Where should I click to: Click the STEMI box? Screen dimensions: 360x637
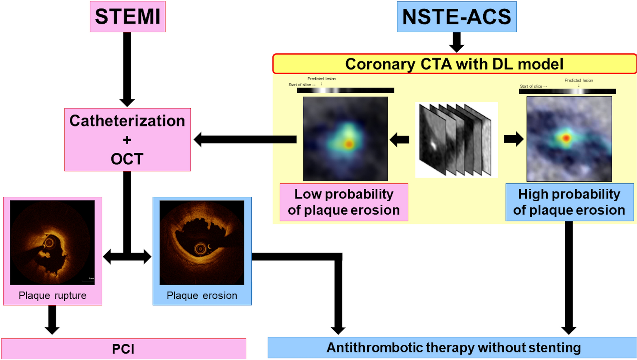click(127, 17)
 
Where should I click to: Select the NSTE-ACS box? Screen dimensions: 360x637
click(456, 17)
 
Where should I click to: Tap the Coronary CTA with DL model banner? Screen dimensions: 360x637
click(454, 64)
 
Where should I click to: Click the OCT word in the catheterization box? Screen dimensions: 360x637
click(127, 159)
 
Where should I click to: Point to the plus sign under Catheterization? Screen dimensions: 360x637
click(127, 140)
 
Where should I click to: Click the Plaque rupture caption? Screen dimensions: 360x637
click(52, 295)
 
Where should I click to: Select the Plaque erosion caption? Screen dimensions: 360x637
click(202, 295)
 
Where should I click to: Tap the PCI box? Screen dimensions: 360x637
click(123, 349)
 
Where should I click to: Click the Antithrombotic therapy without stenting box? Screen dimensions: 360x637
click(453, 347)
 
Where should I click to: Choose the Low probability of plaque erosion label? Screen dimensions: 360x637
click(344, 202)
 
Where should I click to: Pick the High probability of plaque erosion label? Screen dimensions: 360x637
click(569, 202)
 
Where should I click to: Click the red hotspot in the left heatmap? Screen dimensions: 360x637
click(349, 144)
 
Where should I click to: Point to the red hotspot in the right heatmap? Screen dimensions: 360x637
click(566, 137)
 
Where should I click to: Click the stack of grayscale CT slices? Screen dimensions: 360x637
click(456, 140)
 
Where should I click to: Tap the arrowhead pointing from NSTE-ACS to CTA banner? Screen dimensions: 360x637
click(456, 47)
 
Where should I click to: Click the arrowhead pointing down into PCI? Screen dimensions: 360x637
click(52, 329)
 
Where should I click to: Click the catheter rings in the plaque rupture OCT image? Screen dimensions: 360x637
click(49, 243)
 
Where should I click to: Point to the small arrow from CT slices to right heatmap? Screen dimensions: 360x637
click(514, 139)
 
